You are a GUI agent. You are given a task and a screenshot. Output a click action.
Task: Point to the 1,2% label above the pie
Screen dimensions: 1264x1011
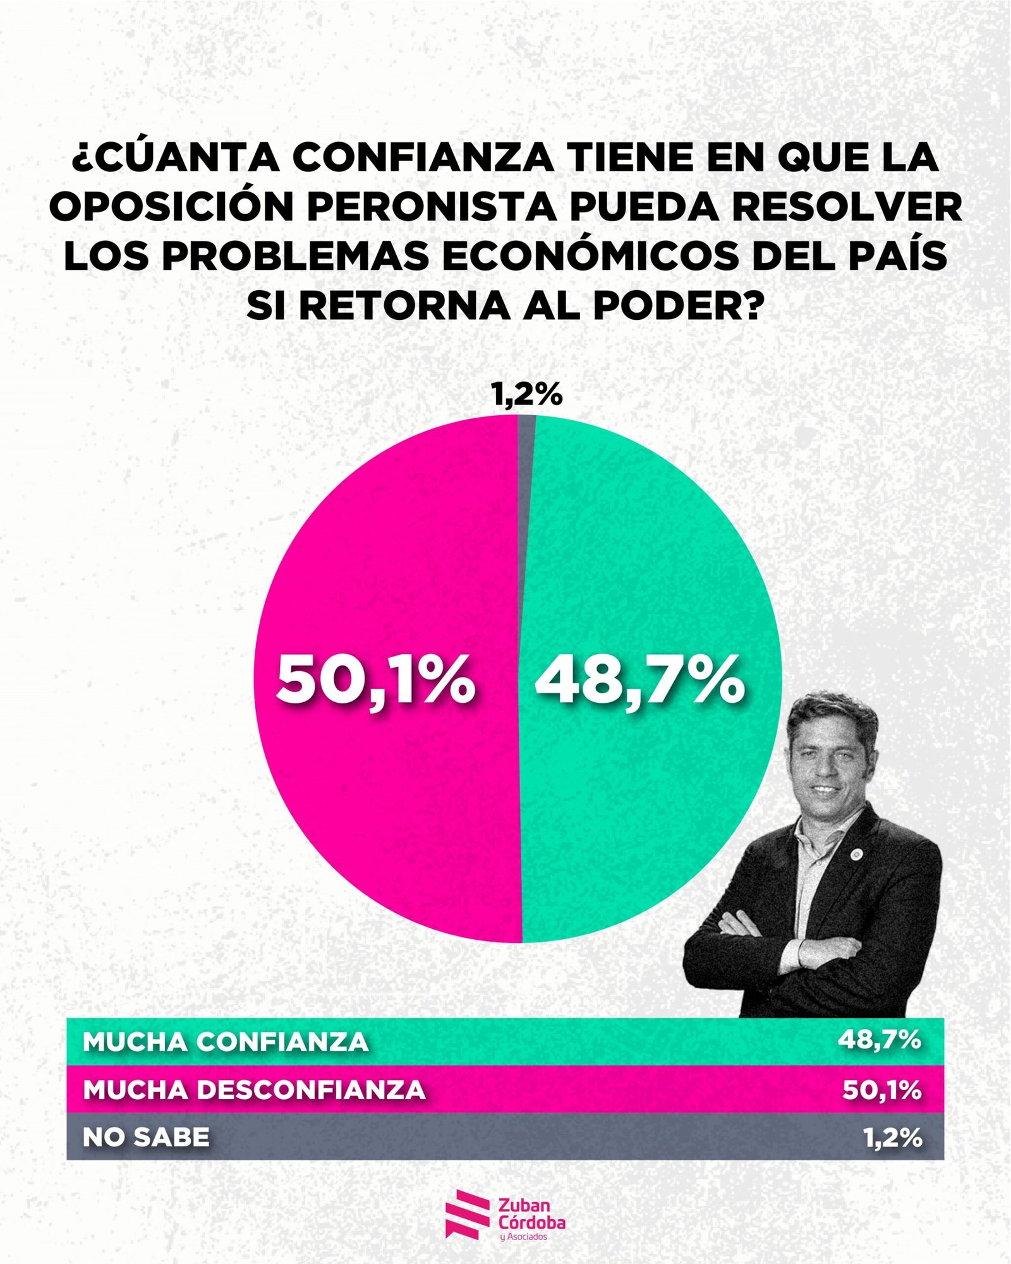(526, 395)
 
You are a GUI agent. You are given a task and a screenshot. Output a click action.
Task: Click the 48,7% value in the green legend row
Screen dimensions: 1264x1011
(879, 1040)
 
